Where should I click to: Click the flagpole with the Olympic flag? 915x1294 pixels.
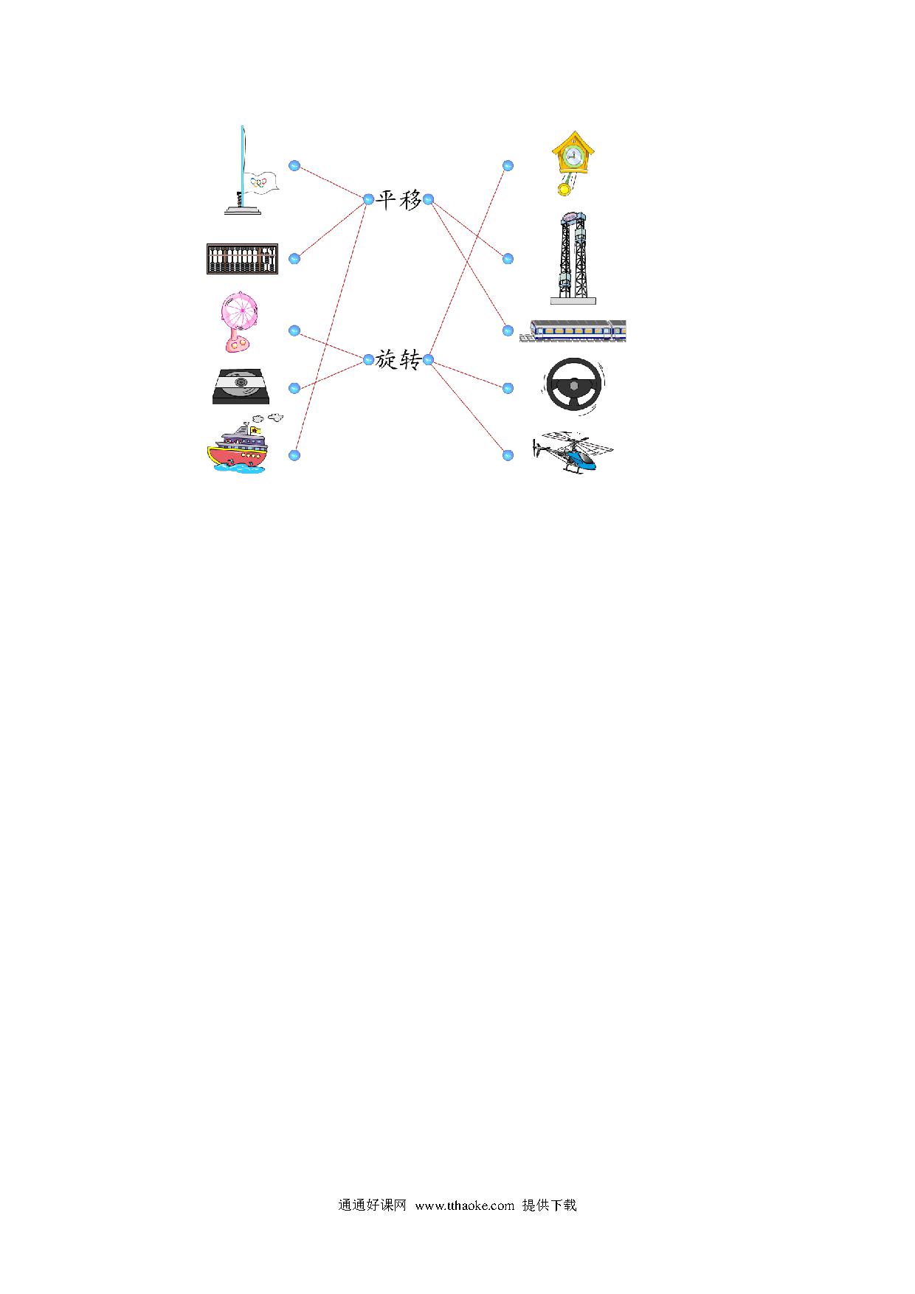tap(243, 171)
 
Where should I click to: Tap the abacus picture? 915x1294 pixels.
tap(242, 259)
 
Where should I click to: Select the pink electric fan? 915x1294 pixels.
tap(238, 322)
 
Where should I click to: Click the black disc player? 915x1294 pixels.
tap(241, 387)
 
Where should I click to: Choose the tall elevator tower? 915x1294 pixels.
tap(573, 257)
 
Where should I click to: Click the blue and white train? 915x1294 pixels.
tap(573, 331)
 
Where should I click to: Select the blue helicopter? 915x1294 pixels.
tap(573, 451)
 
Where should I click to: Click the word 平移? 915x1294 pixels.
tap(398, 199)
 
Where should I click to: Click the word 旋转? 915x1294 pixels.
tap(398, 360)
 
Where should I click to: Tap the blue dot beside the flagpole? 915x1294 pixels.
tap(294, 166)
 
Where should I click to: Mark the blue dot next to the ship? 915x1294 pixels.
tap(294, 455)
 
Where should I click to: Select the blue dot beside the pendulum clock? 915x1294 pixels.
tap(508, 166)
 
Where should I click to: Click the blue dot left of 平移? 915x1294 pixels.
tap(369, 198)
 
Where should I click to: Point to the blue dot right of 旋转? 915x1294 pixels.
tap(428, 360)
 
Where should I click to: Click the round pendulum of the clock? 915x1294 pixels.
tap(564, 190)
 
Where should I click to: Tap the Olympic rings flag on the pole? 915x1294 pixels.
tap(262, 181)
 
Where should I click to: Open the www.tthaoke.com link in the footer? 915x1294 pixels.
tap(464, 1205)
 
